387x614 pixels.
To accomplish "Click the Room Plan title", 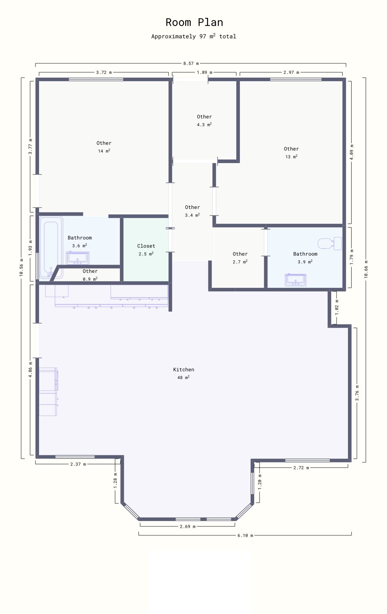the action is click(194, 23).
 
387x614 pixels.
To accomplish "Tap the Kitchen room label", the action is click(184, 370).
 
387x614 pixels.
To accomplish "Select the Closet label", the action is click(146, 246).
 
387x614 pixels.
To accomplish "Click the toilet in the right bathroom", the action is click(330, 243).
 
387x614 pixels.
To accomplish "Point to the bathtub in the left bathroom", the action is click(51, 247).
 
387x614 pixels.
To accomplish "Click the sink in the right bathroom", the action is click(296, 280).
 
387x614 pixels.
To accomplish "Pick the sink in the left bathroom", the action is click(78, 258).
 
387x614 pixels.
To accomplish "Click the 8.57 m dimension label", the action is click(191, 64).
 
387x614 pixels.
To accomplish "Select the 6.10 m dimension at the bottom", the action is click(245, 535).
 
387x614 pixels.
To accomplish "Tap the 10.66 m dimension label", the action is click(366, 269).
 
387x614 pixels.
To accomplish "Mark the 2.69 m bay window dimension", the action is click(188, 526).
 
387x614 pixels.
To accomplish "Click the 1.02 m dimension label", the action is click(337, 307).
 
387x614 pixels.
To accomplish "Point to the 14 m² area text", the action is click(104, 151).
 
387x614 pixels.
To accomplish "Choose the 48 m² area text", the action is click(183, 377).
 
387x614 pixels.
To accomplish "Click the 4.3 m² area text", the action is click(204, 124).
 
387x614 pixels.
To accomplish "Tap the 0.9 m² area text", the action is click(90, 279).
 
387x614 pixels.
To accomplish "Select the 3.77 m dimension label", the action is click(30, 147).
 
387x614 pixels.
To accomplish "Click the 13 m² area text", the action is click(291, 157).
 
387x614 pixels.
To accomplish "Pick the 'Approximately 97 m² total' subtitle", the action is click(194, 36).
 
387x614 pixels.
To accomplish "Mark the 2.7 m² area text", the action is click(240, 262).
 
